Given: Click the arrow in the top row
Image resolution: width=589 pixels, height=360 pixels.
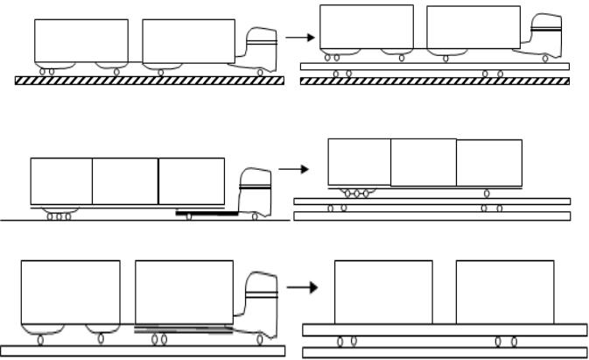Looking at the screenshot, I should [299, 38].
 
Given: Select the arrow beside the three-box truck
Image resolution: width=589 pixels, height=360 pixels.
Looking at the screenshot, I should [290, 167].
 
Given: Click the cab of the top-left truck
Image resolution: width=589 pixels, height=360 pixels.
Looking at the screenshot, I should [261, 51].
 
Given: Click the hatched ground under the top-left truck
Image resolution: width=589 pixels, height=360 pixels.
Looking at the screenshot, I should [150, 80].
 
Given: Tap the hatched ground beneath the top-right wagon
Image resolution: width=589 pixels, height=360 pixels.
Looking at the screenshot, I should [434, 81].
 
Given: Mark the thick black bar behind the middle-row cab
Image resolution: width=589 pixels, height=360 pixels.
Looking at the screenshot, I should [207, 212].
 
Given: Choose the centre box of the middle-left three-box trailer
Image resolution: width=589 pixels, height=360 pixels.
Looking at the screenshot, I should [125, 180].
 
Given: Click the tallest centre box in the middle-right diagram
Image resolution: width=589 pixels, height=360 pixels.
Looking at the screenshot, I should [423, 162].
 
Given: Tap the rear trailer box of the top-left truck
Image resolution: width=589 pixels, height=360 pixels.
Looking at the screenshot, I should [81, 40].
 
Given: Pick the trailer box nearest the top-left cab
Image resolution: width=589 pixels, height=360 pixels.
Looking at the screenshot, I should [188, 40].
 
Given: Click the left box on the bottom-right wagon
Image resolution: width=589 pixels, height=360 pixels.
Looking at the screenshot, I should [383, 291].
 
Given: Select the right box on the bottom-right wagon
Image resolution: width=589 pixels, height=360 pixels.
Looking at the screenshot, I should [504, 291].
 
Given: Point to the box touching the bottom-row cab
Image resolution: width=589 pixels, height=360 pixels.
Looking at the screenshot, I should [184, 292].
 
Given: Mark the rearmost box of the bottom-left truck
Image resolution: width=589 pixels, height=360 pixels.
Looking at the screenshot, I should [70, 292].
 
